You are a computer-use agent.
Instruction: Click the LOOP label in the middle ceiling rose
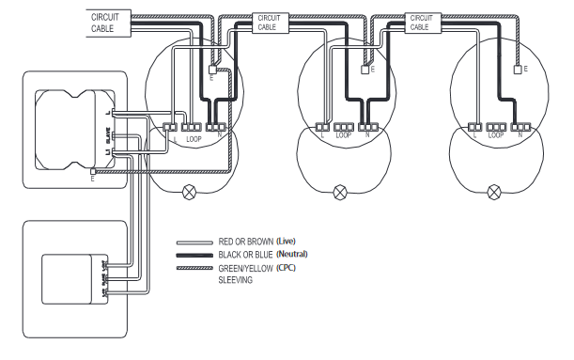(x=342, y=137)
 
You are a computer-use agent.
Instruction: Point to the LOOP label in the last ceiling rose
(x=495, y=137)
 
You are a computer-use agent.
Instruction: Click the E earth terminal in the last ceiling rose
(x=516, y=70)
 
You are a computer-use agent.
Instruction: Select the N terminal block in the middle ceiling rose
(x=365, y=126)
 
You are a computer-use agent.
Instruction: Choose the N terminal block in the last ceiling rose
(x=517, y=126)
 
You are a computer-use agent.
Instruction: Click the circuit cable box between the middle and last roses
(x=419, y=22)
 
